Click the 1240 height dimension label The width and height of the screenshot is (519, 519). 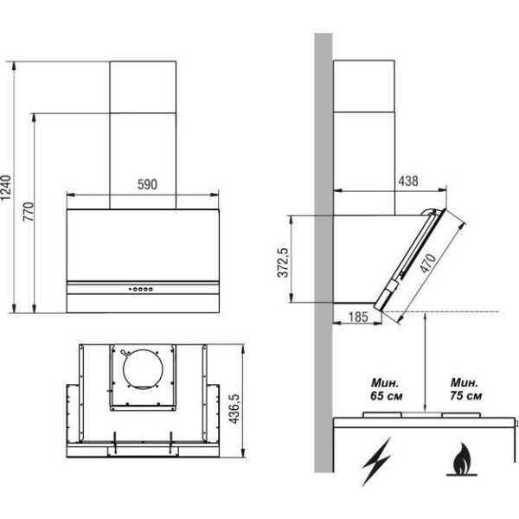[x=6, y=188]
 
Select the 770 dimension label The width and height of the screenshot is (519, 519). [x=29, y=212]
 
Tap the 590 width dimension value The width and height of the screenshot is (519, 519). [x=147, y=185]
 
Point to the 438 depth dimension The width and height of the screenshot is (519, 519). [x=408, y=181]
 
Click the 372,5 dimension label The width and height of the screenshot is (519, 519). [x=284, y=262]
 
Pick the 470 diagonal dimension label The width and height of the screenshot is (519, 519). [x=428, y=264]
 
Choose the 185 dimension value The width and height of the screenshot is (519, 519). [x=358, y=317]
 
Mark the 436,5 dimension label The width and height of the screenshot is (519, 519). [x=234, y=409]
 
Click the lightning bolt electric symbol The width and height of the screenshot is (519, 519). [x=376, y=461]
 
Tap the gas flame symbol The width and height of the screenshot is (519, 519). [x=462, y=459]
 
